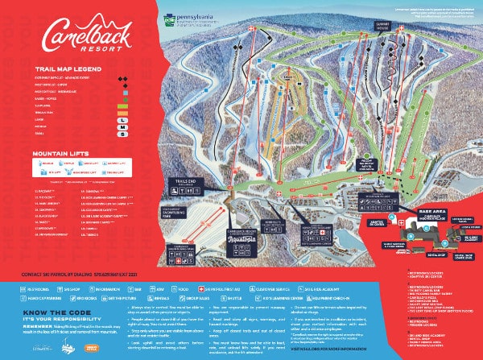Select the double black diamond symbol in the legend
pos(122,79)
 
